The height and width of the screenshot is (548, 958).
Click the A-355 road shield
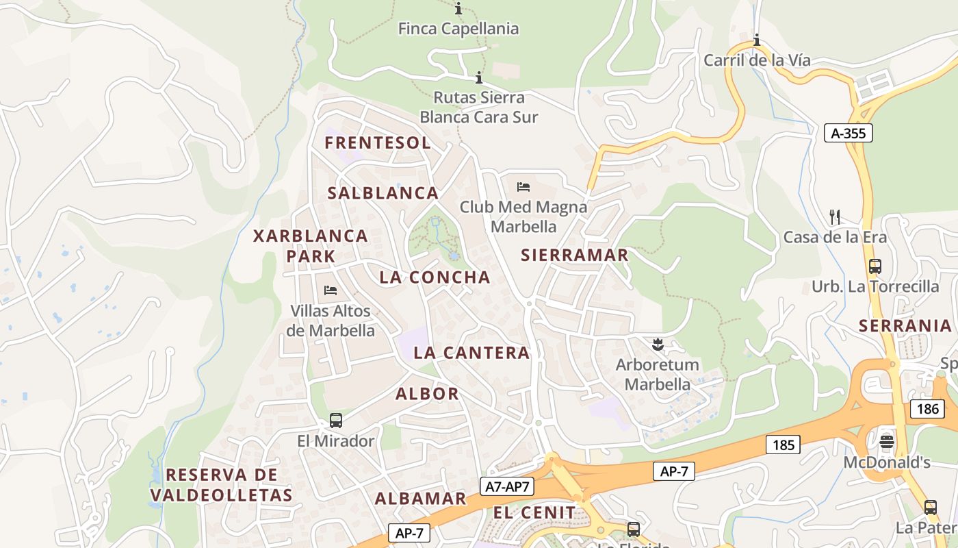[848, 133]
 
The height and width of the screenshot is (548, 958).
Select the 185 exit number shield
[783, 445]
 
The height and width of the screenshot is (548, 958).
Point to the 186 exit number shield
[928, 409]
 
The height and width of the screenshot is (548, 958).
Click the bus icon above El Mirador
[335, 421]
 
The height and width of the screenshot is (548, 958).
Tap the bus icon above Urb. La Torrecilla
[875, 266]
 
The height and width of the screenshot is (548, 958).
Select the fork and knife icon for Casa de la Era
[834, 217]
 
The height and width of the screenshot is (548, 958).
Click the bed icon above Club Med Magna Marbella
[523, 186]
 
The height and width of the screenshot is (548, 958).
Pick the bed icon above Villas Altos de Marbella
[331, 290]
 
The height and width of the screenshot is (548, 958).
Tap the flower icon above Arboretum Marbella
[658, 344]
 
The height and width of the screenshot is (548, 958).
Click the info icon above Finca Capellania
[458, 9]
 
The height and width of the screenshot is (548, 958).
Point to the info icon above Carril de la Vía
[757, 40]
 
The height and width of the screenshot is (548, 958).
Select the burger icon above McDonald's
[887, 440]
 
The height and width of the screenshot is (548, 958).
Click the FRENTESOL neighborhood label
[378, 142]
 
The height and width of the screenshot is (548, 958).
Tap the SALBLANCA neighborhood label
[383, 193]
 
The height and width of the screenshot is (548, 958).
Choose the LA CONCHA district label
[435, 277]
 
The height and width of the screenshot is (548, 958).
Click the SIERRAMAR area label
[574, 255]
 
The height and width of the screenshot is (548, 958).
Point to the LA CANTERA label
[471, 353]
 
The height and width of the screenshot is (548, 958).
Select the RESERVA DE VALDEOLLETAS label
[221, 484]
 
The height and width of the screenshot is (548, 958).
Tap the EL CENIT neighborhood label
[534, 512]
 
